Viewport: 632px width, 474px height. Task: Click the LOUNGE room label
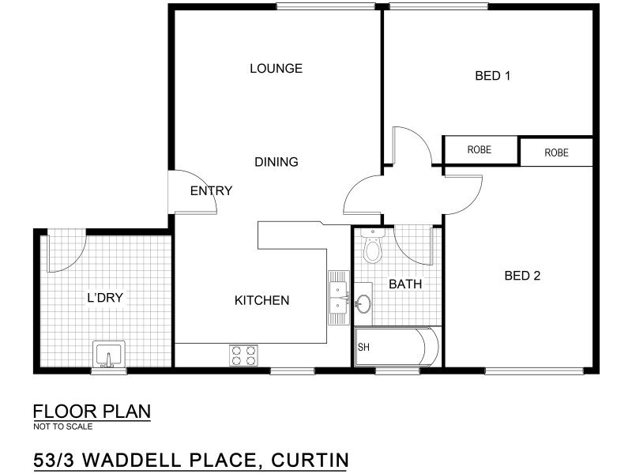pyautogui.click(x=276, y=69)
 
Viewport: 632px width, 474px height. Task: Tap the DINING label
pyautogui.click(x=276, y=162)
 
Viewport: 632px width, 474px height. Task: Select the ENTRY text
pyautogui.click(x=211, y=190)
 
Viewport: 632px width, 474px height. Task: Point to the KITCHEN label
pyautogui.click(x=262, y=300)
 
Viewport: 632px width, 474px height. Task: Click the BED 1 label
pyautogui.click(x=492, y=76)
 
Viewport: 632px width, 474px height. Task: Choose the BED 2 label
pyautogui.click(x=522, y=276)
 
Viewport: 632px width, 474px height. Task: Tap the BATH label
pyautogui.click(x=405, y=284)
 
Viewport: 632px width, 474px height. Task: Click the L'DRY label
pyautogui.click(x=105, y=298)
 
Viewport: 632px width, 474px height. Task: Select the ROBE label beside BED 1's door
pyautogui.click(x=480, y=150)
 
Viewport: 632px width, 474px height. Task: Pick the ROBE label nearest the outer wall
pyautogui.click(x=557, y=152)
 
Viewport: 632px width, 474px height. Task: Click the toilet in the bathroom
pyautogui.click(x=371, y=246)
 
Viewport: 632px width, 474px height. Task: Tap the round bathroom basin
pyautogui.click(x=364, y=303)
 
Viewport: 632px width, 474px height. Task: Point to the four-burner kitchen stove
pyautogui.click(x=244, y=355)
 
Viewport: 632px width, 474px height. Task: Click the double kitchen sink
pyautogui.click(x=339, y=298)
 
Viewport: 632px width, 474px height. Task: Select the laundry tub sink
pyautogui.click(x=109, y=354)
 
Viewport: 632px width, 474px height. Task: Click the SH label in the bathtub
pyautogui.click(x=363, y=347)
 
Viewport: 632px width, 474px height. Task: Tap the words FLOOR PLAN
pyautogui.click(x=92, y=412)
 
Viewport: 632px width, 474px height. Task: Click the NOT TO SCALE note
pyautogui.click(x=63, y=427)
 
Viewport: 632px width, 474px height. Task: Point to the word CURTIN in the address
pyautogui.click(x=310, y=461)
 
